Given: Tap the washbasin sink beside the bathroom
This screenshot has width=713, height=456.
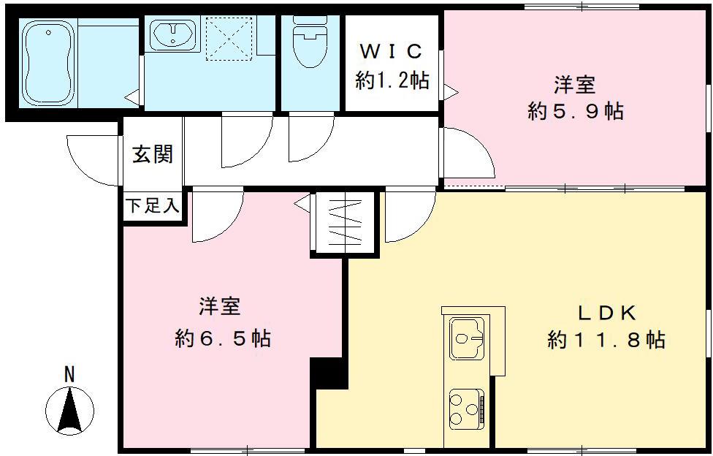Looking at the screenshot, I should (172, 35).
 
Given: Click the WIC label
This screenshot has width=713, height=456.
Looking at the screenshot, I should (392, 52).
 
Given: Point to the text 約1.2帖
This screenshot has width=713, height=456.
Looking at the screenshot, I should (392, 80).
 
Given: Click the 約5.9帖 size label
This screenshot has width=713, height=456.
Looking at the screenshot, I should (575, 111).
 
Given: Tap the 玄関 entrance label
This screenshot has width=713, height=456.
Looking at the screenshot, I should (153, 155).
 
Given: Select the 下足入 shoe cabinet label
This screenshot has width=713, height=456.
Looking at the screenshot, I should (152, 205).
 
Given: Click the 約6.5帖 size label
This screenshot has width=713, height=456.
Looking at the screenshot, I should (223, 338).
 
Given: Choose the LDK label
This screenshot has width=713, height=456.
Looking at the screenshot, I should (608, 313).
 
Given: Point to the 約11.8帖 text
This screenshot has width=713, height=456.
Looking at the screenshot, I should (606, 340).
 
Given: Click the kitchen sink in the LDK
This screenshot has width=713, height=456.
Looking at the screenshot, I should (468, 338).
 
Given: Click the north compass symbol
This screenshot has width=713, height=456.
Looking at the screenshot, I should (70, 411).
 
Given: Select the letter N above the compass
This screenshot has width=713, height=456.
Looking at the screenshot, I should (69, 375).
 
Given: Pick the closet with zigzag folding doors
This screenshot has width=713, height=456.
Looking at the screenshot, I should (345, 222).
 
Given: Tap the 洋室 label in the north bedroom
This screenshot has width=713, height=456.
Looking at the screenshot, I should (574, 85).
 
